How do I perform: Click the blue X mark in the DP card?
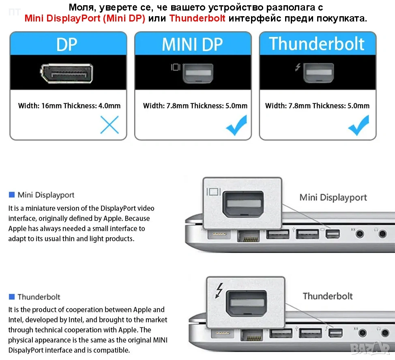tap(109, 124)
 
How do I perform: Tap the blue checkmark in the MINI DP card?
tap(236, 125)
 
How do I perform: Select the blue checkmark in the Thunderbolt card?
tap(359, 125)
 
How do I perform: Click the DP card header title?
tap(67, 45)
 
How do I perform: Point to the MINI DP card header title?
tap(193, 45)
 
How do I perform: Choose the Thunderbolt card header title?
tap(317, 44)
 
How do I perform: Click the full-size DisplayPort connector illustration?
tap(67, 73)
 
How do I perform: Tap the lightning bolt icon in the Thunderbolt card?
tap(298, 67)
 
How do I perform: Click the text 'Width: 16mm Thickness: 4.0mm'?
tap(69, 106)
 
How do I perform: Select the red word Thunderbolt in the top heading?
tap(197, 18)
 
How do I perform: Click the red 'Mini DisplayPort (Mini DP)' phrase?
tap(85, 18)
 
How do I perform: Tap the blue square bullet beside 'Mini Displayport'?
tap(12, 195)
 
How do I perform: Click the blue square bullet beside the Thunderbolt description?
tap(12, 297)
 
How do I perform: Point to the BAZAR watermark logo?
tap(370, 348)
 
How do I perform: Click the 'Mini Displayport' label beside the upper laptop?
tap(333, 197)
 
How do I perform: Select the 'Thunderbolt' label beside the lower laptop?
tap(328, 296)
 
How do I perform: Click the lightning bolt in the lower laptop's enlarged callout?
tap(219, 291)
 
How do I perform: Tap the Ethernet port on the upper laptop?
tap(248, 236)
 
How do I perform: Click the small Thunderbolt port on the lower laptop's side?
tap(335, 333)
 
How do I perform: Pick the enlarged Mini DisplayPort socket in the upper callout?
tap(243, 204)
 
